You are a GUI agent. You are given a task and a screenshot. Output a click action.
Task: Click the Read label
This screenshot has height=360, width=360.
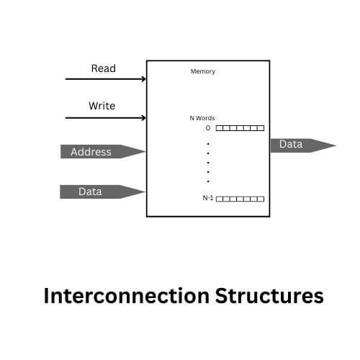(103, 68)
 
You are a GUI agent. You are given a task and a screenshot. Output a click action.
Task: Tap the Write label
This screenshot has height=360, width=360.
(102, 106)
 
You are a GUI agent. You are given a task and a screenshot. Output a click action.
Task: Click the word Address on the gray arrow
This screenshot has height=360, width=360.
(91, 152)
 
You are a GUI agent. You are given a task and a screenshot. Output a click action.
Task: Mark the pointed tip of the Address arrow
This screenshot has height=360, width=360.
(145, 151)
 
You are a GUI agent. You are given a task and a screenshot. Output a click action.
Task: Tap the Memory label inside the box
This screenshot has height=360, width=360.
(202, 71)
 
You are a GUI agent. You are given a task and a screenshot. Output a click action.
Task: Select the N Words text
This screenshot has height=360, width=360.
(202, 118)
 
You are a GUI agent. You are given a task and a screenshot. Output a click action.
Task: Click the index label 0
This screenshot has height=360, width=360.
(208, 128)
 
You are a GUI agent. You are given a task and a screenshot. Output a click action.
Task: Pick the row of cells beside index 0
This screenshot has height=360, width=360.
(240, 128)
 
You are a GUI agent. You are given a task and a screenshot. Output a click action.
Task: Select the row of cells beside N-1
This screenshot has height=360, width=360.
(240, 199)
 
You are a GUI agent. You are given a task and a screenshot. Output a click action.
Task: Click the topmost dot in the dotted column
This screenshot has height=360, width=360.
(208, 143)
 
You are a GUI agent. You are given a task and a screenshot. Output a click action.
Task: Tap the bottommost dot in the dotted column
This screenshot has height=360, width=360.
(208, 181)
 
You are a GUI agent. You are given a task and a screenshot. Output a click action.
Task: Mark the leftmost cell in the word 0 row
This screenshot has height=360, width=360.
(219, 128)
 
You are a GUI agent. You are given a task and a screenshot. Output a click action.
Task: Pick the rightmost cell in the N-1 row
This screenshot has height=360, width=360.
(261, 199)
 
